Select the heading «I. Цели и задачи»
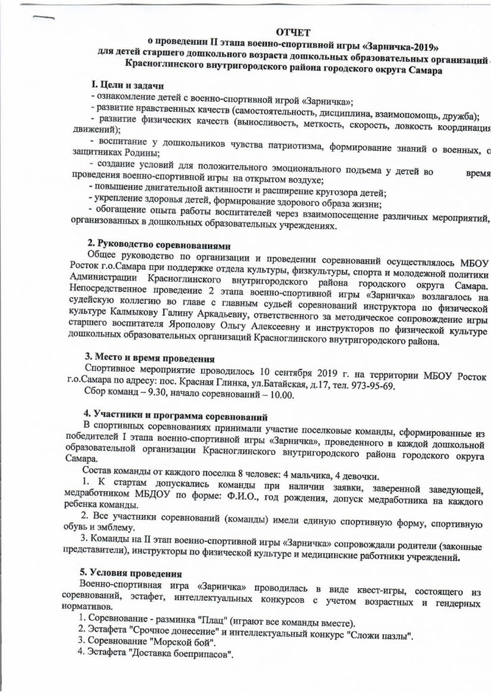(126, 87)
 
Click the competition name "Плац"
(223, 623)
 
